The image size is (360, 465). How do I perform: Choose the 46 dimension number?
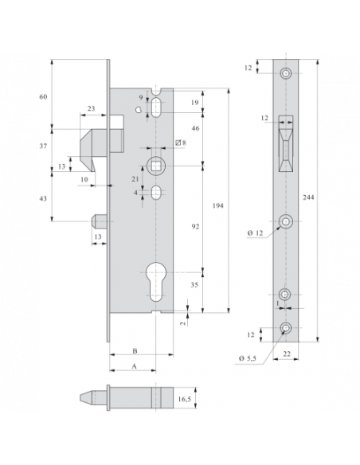pyautogui.click(x=195, y=127)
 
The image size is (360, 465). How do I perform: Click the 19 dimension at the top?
pyautogui.click(x=195, y=103)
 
